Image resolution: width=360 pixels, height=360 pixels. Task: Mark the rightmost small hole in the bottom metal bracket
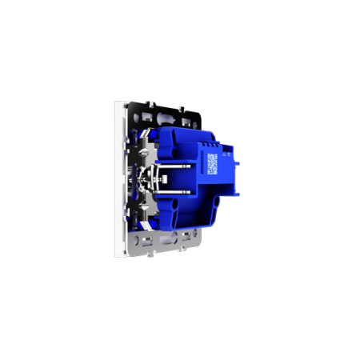tap(191, 234)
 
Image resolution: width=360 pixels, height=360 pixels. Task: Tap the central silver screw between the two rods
tap(144, 179)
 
